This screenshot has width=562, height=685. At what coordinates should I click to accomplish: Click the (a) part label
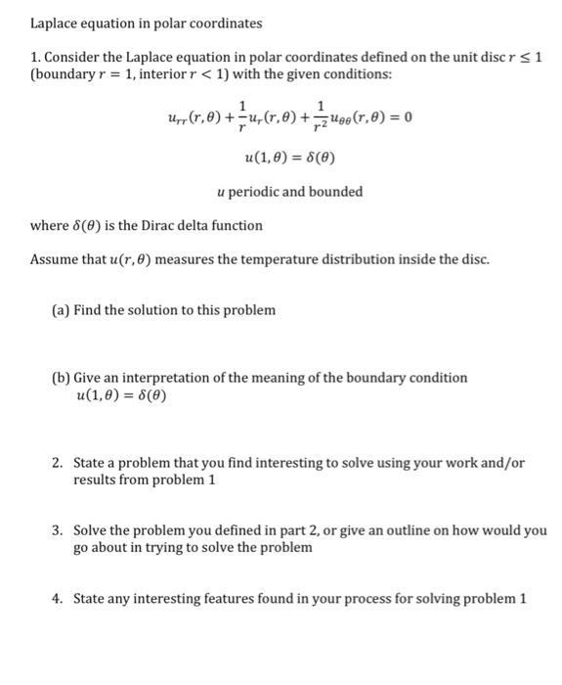(60, 310)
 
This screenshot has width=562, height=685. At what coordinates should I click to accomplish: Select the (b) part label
(61, 378)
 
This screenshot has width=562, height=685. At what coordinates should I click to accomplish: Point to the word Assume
(56, 260)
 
